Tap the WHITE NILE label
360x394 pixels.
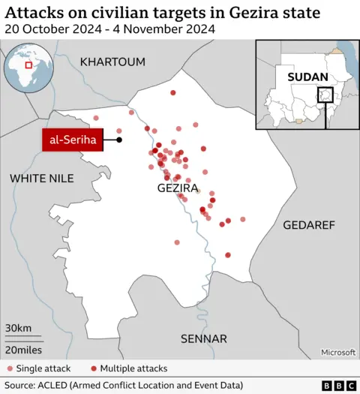click(x=42, y=178)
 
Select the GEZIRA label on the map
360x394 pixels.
click(x=178, y=188)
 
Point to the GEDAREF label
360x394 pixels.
click(x=308, y=225)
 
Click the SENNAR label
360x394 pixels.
click(x=203, y=339)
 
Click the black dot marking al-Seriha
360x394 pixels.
click(x=119, y=140)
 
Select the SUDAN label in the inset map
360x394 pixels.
click(x=307, y=77)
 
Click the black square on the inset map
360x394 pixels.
click(x=325, y=96)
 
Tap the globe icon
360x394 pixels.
click(x=28, y=68)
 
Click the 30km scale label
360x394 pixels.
click(x=18, y=328)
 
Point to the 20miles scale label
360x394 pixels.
click(x=23, y=350)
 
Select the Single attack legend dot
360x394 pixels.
click(x=10, y=368)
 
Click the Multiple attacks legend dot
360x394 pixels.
click(x=93, y=368)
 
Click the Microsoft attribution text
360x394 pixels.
click(x=337, y=351)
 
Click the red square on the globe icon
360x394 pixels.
click(x=28, y=65)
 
